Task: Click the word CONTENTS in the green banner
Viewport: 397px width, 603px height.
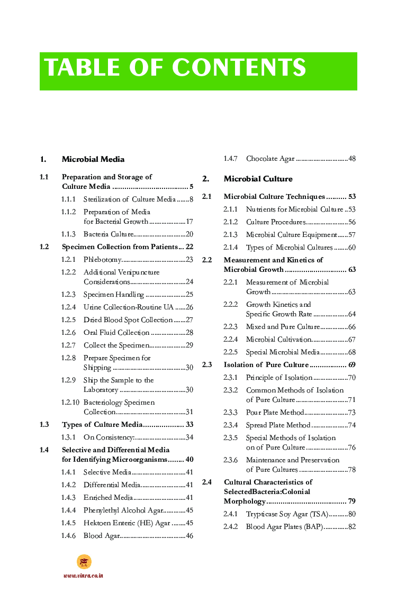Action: pos(239,68)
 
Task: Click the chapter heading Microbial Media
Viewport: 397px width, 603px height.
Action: pos(93,159)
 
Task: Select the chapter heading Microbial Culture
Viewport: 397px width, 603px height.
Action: pos(258,179)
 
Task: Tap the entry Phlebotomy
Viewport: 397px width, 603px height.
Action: pos(103,260)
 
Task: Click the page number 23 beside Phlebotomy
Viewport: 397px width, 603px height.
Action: pos(189,260)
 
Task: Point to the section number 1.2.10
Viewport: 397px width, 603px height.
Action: pos(70,403)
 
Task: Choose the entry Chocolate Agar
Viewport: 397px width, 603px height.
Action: pos(270,159)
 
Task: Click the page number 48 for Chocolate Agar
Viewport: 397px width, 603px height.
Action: pos(351,159)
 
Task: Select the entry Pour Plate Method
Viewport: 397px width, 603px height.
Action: pos(275,413)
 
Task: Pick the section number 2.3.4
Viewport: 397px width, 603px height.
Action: pos(230,425)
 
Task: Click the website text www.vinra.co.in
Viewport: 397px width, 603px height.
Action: pos(83,575)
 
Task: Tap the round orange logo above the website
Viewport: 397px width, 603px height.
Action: pos(84,562)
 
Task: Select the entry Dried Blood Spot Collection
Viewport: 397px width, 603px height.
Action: pos(128,320)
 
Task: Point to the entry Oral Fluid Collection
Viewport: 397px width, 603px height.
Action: pos(116,333)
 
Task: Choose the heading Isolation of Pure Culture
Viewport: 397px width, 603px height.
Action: pos(266,365)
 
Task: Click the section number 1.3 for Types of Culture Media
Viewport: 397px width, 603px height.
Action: pos(44,425)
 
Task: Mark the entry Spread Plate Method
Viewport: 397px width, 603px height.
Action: pos(278,425)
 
